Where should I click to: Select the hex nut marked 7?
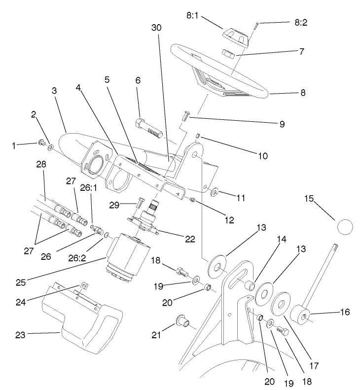pyautogui.click(x=230, y=54)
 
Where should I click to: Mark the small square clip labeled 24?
pyautogui.click(x=84, y=285)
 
